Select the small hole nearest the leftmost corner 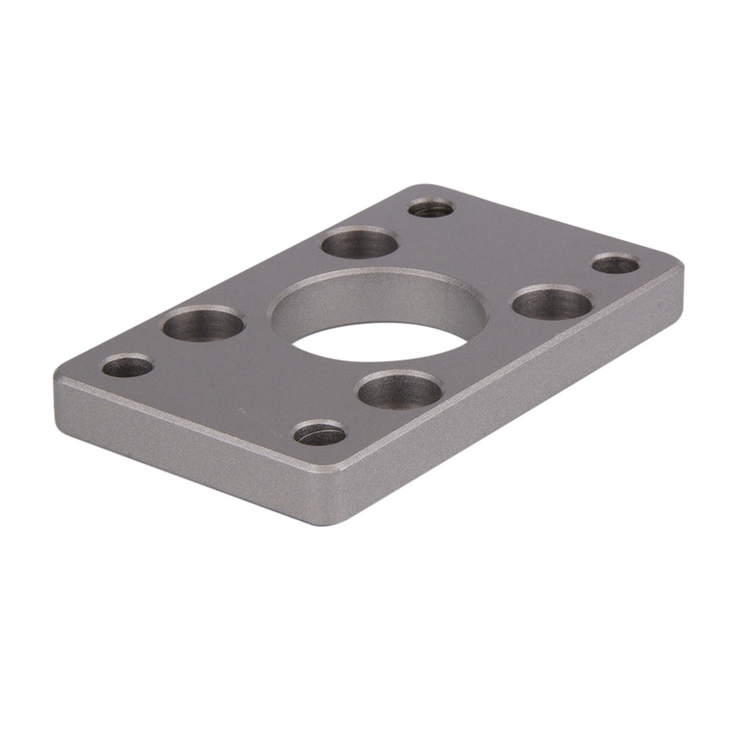click(127, 366)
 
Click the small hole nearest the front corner click(320, 433)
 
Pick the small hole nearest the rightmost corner click(615, 264)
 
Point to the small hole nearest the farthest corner click(431, 208)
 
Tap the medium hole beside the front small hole click(400, 390)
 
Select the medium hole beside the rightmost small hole click(551, 303)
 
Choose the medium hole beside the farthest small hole click(360, 242)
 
